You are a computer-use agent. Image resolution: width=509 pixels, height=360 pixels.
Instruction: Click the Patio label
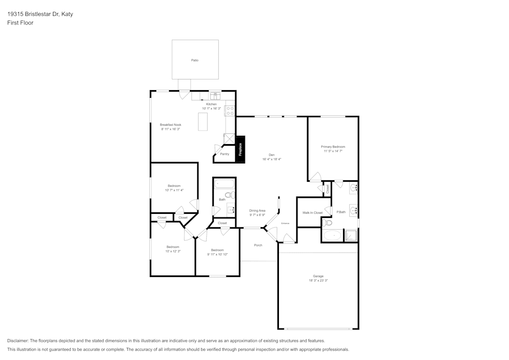coord(194,60)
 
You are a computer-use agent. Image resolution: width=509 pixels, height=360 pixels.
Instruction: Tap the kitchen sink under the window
coord(215,96)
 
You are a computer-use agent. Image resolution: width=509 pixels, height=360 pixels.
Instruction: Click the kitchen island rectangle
coord(203,122)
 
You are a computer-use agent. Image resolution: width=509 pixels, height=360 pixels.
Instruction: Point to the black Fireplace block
coord(241,149)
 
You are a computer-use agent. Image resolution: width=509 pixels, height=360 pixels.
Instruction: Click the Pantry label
coord(224,154)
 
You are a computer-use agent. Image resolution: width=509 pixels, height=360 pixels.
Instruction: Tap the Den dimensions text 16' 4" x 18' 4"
coord(272,159)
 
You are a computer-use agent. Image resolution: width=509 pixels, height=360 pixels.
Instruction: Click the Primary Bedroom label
coord(333,147)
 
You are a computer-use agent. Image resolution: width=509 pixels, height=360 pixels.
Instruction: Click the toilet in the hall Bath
coord(229,195)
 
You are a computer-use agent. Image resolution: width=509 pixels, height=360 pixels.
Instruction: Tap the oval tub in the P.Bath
coord(333,235)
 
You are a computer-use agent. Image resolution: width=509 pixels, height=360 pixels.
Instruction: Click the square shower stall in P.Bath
coord(351,235)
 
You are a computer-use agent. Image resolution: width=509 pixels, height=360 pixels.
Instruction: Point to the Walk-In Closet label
coord(313,213)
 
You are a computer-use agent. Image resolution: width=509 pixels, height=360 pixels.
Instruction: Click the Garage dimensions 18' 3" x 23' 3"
coord(318,281)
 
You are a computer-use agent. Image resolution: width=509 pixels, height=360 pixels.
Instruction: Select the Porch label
coord(258,245)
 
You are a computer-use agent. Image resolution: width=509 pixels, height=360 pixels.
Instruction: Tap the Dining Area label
coord(257,210)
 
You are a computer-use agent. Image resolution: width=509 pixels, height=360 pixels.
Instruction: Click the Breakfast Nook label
coord(171,125)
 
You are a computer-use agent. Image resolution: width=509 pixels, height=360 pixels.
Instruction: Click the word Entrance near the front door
coord(286,224)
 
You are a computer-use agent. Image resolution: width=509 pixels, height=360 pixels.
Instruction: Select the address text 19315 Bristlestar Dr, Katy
coord(40,14)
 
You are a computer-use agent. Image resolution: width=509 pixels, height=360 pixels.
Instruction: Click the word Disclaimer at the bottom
coord(18,341)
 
